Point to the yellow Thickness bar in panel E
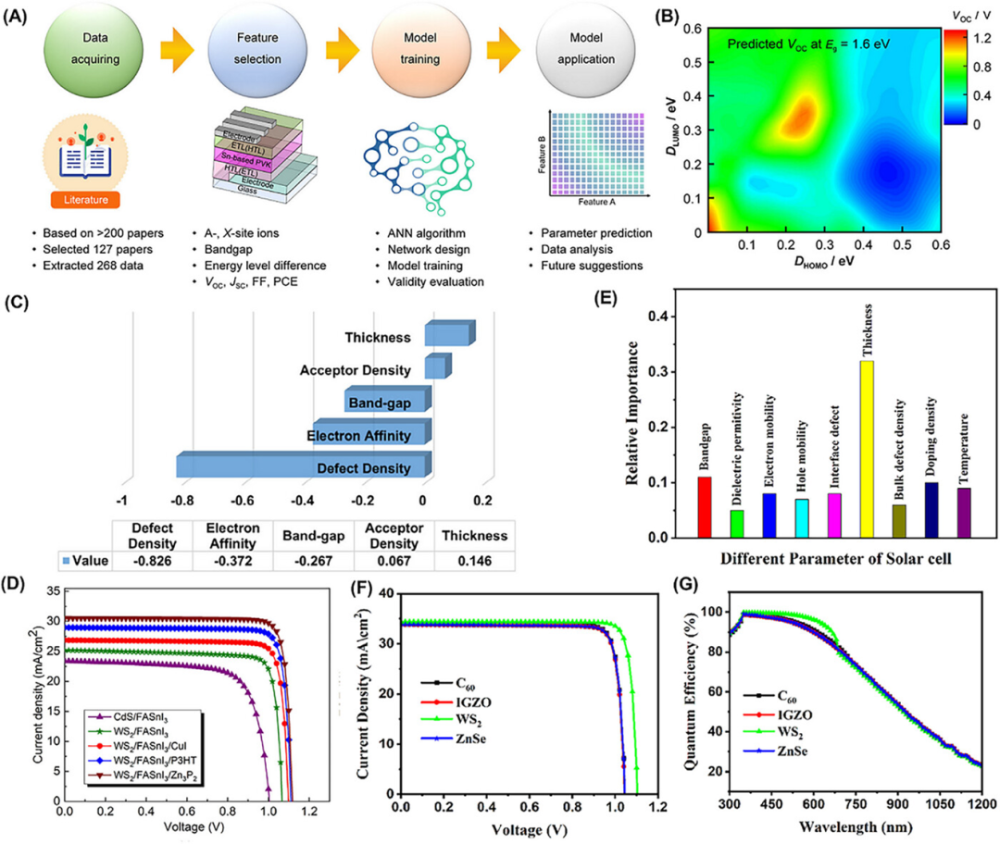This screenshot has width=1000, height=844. click(x=866, y=449)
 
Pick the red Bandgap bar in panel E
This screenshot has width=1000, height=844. click(x=705, y=506)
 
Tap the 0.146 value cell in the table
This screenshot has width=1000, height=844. click(x=473, y=561)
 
